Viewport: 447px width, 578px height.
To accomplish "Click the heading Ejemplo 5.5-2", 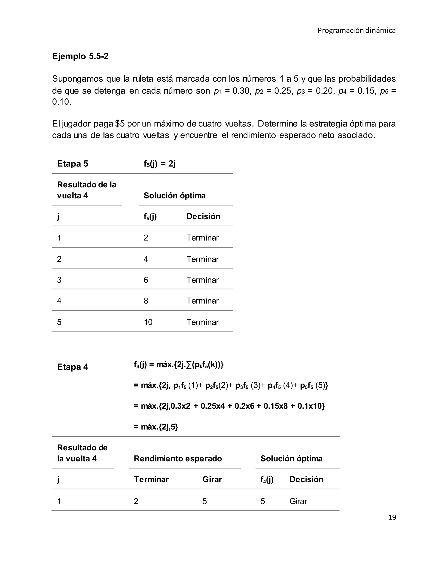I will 80,56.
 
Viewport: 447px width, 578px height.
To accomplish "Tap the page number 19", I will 392,517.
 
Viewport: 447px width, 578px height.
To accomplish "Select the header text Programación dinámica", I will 356,31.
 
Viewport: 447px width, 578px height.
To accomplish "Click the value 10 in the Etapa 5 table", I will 148,322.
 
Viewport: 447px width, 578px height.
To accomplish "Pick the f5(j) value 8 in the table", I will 146,301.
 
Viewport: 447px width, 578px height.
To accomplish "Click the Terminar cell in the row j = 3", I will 203,280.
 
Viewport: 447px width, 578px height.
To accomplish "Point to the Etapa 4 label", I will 72,367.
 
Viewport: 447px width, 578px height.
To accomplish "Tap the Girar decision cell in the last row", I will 298,501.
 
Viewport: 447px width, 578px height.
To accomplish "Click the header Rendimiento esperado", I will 178,458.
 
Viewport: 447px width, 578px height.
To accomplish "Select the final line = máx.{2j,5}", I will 156,427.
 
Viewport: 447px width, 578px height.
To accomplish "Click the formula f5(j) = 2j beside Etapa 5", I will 159,164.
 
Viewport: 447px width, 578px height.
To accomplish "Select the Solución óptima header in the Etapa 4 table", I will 291,458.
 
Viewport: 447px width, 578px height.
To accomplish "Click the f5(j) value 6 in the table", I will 146,280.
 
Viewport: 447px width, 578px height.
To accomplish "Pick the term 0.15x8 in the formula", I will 275,406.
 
